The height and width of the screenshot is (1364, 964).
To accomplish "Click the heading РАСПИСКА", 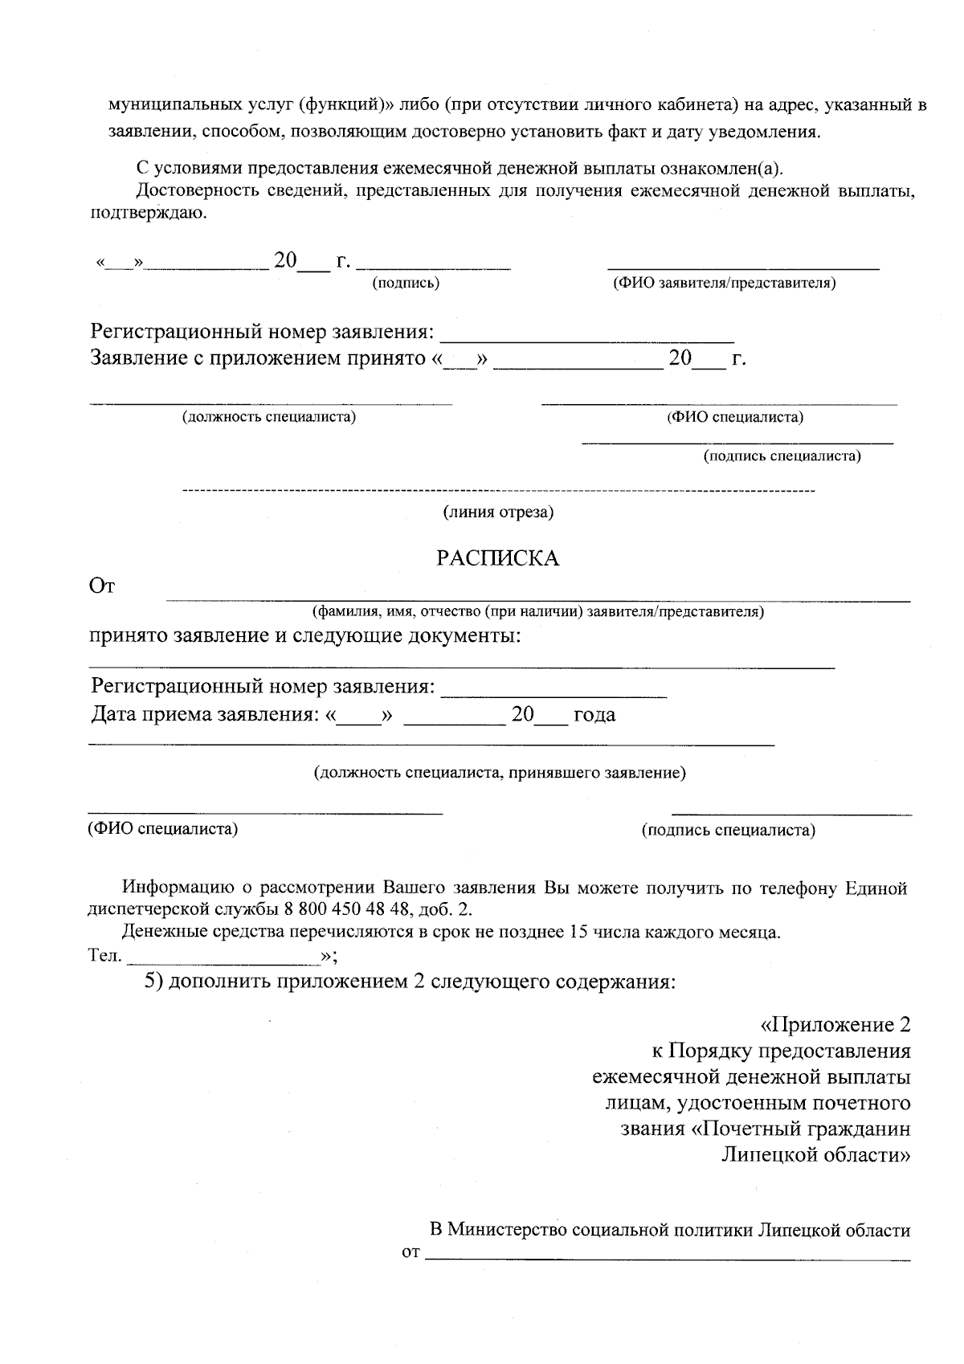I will point(497,558).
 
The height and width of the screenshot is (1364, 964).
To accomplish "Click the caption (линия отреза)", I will point(498,513).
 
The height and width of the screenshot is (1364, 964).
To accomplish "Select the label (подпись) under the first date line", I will point(405,283).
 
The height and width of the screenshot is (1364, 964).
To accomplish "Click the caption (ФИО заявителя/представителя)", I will point(724,283).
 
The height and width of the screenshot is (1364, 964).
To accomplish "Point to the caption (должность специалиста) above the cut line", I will point(269,417).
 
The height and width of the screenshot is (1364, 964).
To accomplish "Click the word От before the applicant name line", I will point(101,586).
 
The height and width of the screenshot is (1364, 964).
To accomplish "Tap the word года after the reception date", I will point(594,714).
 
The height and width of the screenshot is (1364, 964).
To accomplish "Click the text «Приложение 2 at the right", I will point(835,1025).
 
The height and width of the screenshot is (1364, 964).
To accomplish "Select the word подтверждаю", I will point(146,213).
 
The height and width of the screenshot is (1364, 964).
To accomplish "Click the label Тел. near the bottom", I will point(104,956).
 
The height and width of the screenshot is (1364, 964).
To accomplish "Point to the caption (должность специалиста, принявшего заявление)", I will point(499,773).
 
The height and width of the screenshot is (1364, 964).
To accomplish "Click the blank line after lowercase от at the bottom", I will point(667,1257).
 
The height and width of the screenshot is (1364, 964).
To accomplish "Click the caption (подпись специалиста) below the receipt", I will point(728,830).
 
